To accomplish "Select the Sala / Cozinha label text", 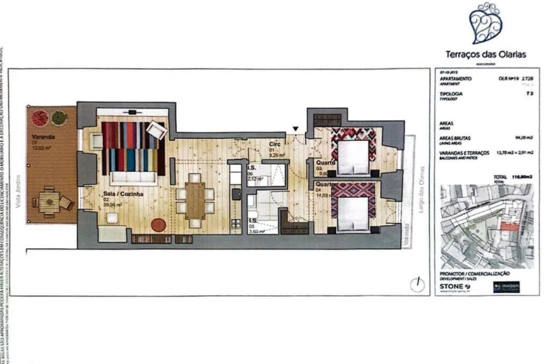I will click(x=104, y=194).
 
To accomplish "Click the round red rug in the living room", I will click(x=158, y=224).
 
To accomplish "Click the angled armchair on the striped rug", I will click(x=156, y=132).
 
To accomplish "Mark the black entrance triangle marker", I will click(x=294, y=129).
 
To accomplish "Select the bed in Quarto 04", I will click(x=352, y=209).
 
